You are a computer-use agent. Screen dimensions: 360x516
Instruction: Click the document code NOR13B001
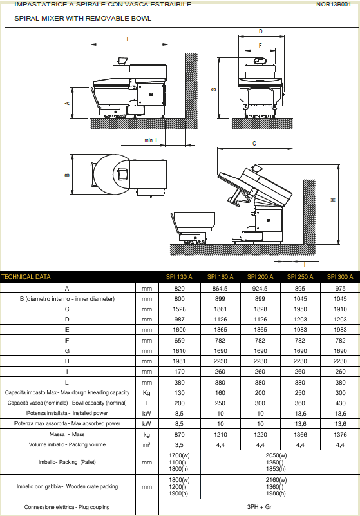pos(334,5)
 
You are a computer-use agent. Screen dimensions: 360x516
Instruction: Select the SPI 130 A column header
pos(179,277)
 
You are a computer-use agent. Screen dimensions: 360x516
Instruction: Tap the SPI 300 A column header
pos(340,277)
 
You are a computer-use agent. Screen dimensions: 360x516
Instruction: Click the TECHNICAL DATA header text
pos(26,277)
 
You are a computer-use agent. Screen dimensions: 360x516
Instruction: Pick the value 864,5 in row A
pos(220,288)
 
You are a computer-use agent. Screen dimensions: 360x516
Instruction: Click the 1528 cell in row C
pos(179,309)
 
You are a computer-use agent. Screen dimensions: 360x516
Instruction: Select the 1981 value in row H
pos(179,361)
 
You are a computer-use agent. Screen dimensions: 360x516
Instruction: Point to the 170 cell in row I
pos(179,372)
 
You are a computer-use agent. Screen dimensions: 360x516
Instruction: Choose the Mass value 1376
pos(340,434)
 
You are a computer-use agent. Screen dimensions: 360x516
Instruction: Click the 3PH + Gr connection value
pos(260,507)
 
